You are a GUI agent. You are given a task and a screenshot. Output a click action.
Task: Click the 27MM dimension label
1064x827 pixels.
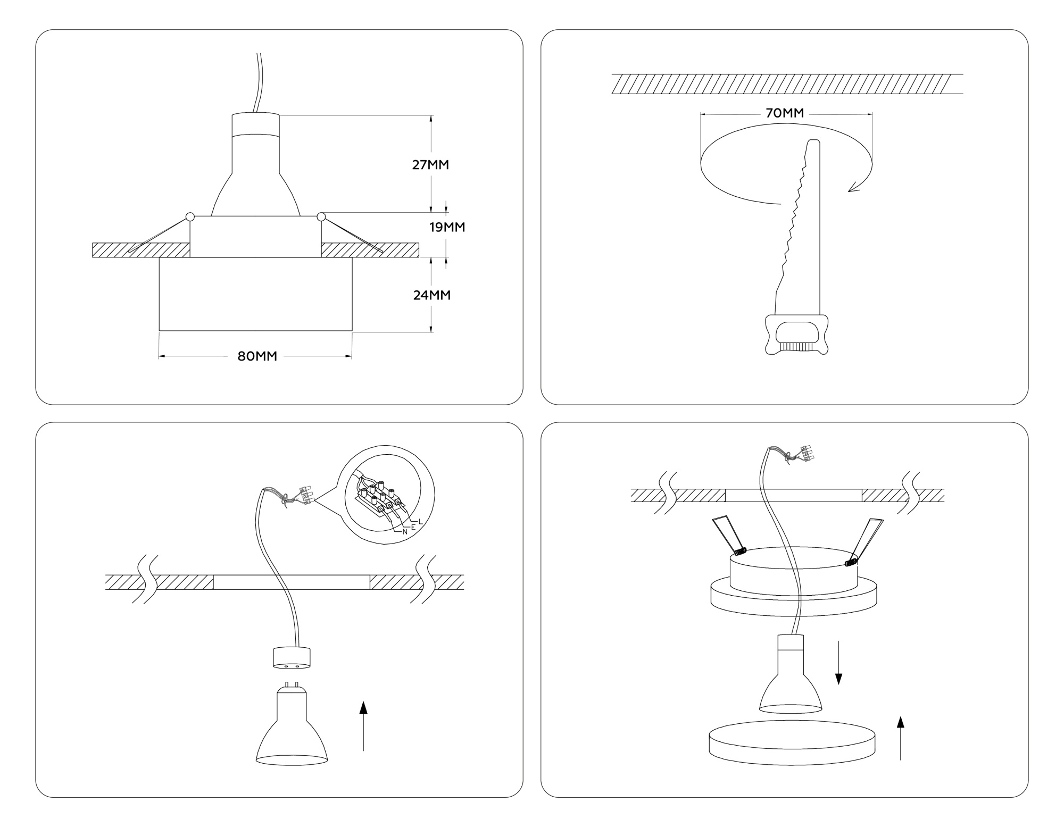[x=430, y=165]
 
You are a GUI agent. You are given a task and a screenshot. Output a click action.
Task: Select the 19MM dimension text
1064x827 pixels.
[x=447, y=228]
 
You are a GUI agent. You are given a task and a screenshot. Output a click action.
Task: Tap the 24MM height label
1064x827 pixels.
[x=431, y=295]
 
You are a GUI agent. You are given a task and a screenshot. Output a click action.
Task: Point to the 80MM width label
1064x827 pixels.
[x=257, y=356]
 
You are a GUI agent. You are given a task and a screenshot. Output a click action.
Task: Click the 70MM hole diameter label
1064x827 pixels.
[x=785, y=113]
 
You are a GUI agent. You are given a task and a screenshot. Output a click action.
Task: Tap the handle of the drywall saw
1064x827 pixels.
[x=796, y=335]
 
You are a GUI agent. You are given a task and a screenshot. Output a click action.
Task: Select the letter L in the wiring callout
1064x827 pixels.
[x=420, y=521]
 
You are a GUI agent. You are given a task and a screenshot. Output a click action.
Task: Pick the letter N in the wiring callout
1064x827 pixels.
[x=405, y=531]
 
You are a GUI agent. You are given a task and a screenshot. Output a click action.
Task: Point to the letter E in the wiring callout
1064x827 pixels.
[x=413, y=527]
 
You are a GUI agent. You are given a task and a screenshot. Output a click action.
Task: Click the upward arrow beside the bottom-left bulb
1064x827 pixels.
[x=363, y=726]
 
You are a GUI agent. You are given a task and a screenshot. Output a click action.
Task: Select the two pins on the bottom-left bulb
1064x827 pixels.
[x=292, y=684]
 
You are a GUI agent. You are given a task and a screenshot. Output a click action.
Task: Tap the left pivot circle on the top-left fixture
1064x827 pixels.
[x=190, y=217]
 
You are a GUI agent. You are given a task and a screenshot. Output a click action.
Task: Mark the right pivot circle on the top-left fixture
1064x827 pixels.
[x=321, y=216]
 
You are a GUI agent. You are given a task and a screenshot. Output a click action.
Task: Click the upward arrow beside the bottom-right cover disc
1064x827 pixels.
[x=900, y=739]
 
